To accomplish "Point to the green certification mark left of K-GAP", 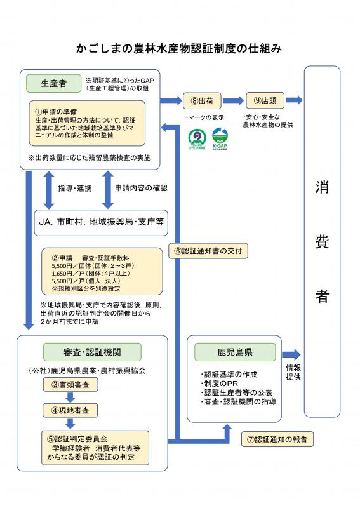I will pyautogui.click(x=196, y=138).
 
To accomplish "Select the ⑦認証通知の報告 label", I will pyautogui.click(x=277, y=439).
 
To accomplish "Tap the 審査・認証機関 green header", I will pyautogui.click(x=92, y=352).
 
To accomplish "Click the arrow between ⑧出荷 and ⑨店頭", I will pyautogui.click(x=234, y=100).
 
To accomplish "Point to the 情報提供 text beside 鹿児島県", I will pyautogui.click(x=293, y=372).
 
